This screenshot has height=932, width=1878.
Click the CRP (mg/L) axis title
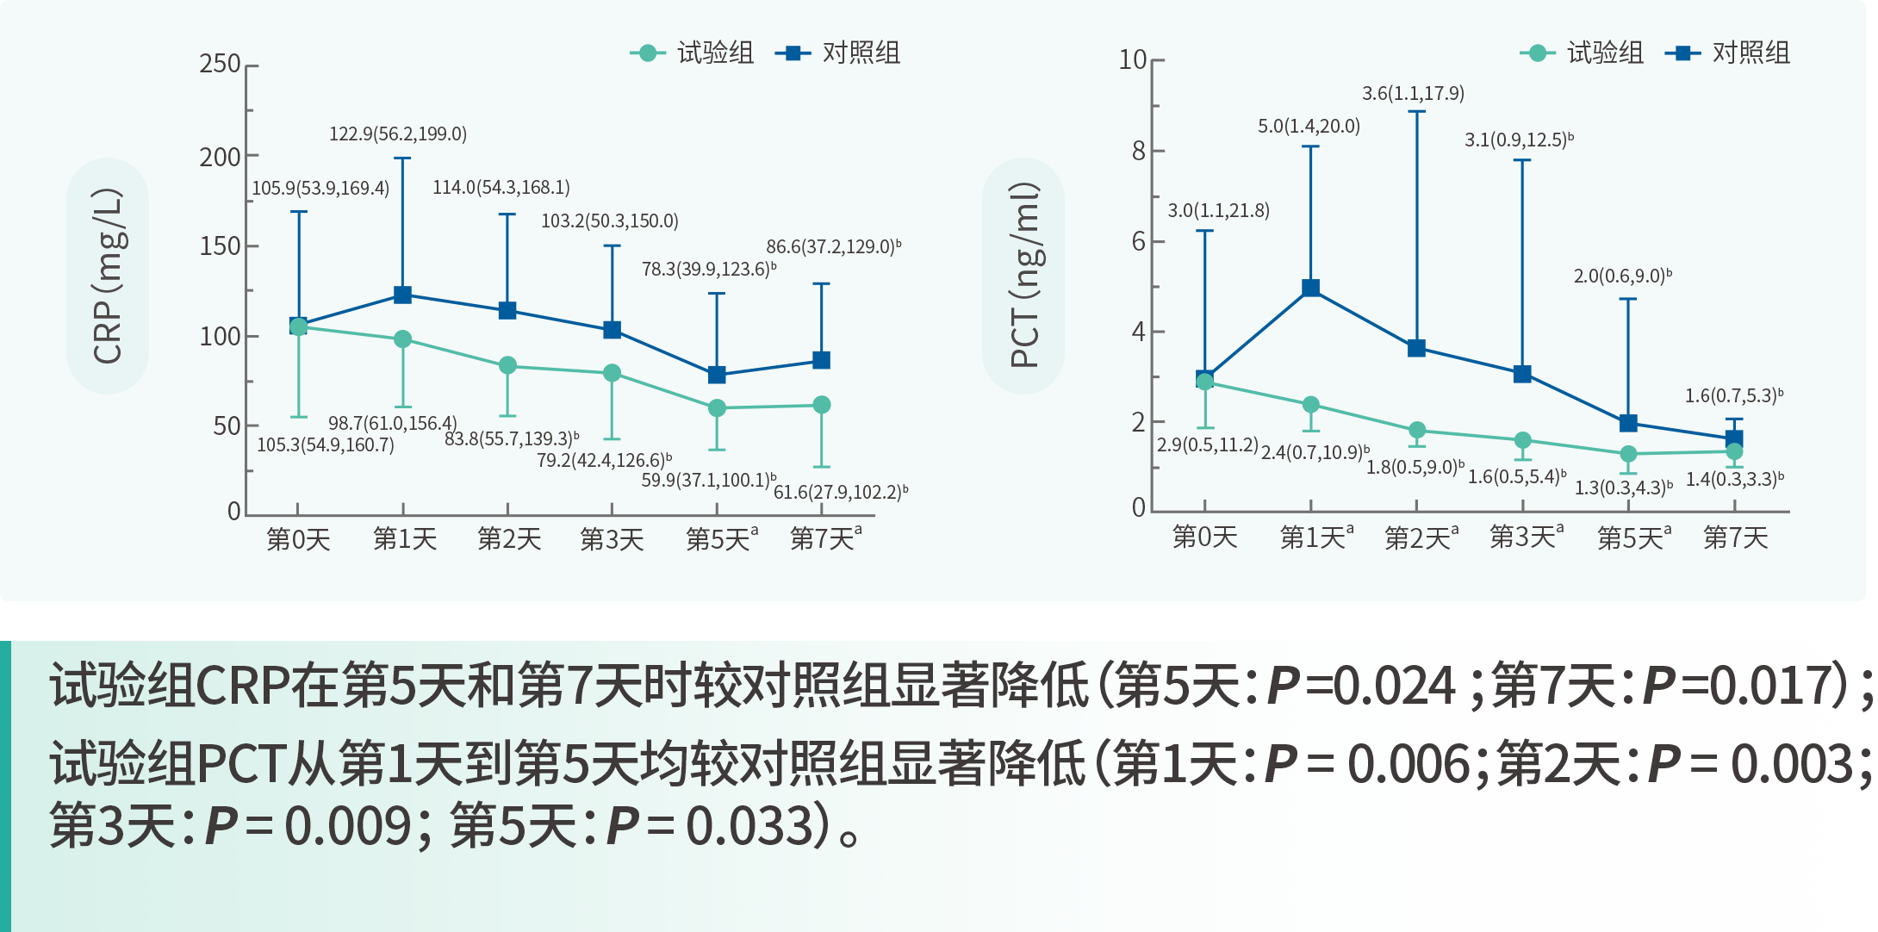tap(108, 276)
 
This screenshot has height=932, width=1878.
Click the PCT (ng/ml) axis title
tap(1024, 276)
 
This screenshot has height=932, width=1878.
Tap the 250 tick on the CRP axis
tap(220, 64)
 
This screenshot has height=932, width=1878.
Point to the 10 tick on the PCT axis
tap(1133, 59)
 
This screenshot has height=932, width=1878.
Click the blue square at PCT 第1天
tap(1310, 288)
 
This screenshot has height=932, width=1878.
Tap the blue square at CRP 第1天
tap(402, 295)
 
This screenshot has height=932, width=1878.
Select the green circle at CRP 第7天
tap(822, 405)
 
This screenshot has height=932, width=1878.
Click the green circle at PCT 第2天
tap(1417, 431)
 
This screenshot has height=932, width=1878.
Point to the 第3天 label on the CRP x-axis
tap(612, 540)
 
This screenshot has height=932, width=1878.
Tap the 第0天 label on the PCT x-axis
tap(1204, 538)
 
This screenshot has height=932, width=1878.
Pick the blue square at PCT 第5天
tap(1628, 423)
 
